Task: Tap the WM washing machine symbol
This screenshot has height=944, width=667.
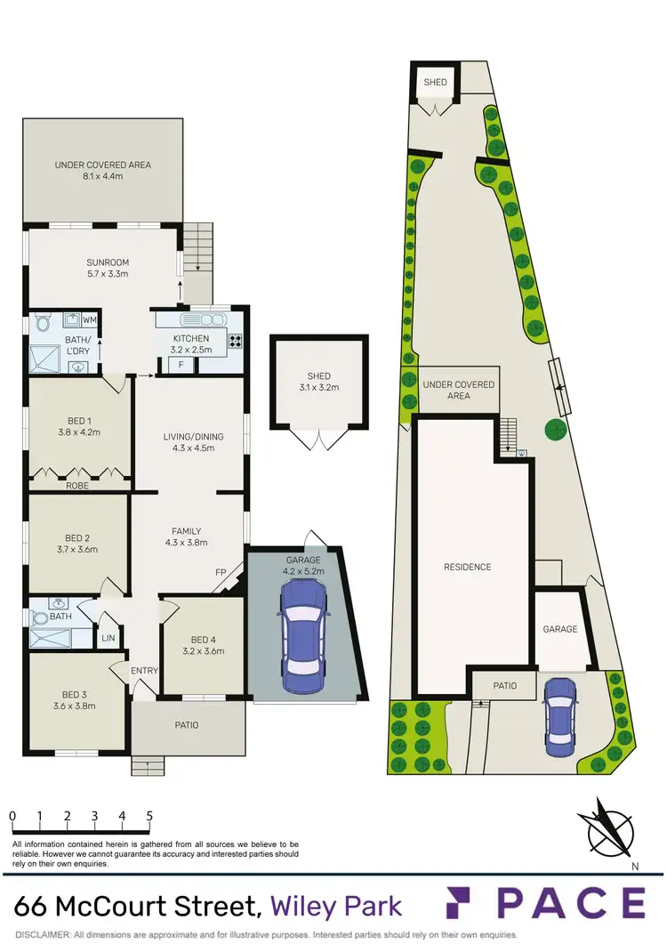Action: tap(90, 319)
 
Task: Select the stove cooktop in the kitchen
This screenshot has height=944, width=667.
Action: tap(237, 339)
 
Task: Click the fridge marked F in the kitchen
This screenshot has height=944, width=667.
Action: tap(181, 365)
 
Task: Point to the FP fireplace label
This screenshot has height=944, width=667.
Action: tap(220, 572)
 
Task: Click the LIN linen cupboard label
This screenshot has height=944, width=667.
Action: tap(108, 638)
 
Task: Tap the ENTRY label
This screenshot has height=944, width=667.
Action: tap(144, 671)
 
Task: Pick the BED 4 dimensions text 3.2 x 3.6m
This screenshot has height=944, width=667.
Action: tap(203, 651)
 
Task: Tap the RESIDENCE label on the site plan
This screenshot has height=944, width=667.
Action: tap(468, 567)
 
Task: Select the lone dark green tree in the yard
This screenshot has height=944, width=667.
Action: tap(557, 431)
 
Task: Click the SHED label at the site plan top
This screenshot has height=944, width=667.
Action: tap(435, 83)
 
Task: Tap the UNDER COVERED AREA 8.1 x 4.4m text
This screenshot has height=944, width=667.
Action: tap(103, 171)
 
